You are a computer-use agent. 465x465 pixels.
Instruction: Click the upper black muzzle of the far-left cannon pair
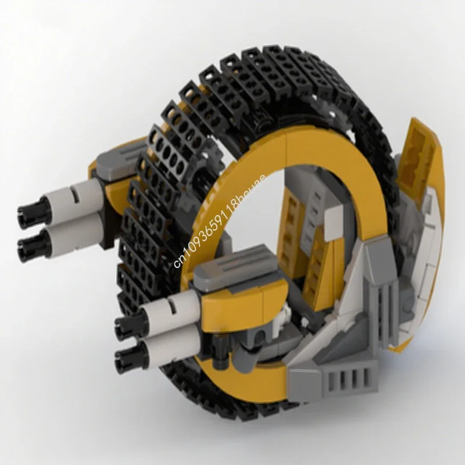[27, 216]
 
